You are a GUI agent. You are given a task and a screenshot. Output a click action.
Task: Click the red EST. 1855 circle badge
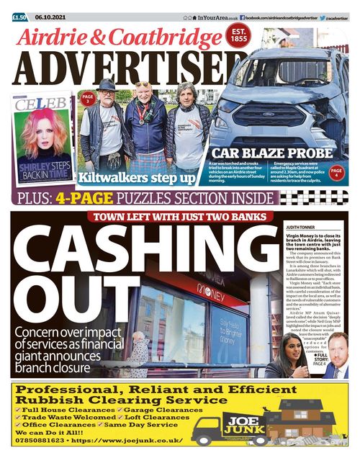tap(238, 37)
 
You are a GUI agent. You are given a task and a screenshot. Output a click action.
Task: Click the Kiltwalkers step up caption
tap(137, 176)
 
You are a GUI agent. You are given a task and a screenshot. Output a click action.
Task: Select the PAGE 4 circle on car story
tap(336, 173)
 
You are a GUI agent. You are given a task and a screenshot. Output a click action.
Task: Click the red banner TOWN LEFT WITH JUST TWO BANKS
tap(178, 217)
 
